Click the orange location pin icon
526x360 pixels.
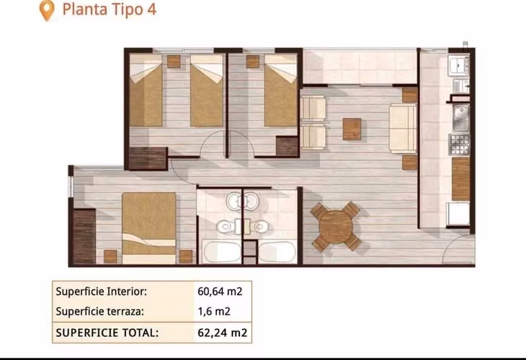(47, 10)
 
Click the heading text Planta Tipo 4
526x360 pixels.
(110, 9)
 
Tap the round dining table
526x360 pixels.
(336, 227)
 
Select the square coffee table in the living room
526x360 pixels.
(352, 129)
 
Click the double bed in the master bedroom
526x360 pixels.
(148, 228)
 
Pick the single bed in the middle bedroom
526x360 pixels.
(280, 90)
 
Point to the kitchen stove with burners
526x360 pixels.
(459, 145)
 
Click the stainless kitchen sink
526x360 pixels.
(461, 118)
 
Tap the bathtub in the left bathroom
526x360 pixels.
(221, 252)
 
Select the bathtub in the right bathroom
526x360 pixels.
(277, 252)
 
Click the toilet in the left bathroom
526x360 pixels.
(226, 227)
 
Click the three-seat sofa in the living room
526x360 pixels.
(403, 128)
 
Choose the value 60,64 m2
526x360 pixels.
(220, 292)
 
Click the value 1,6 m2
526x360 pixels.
(214, 311)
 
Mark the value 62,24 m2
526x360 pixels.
(223, 333)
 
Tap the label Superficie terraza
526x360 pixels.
(99, 311)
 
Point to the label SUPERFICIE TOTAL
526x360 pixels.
(107, 333)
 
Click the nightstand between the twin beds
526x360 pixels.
(174, 61)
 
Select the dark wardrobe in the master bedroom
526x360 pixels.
(84, 237)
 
